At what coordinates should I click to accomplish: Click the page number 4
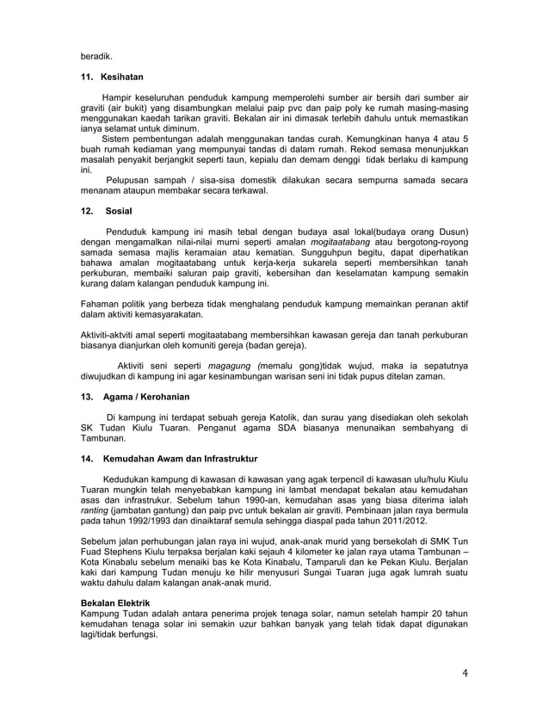[466, 673]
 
